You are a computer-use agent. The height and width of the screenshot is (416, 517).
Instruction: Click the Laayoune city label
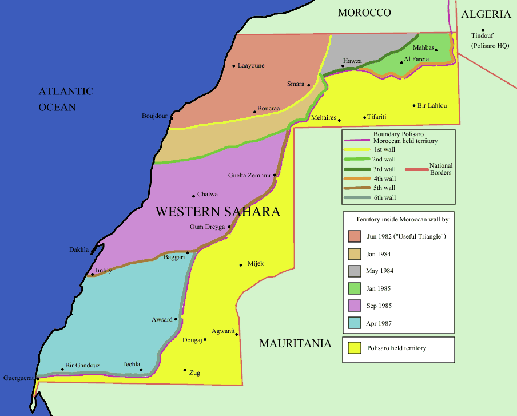(x=252, y=66)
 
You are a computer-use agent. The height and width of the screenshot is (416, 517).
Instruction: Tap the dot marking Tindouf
(x=483, y=30)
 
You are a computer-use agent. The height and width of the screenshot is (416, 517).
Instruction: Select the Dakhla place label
(x=79, y=250)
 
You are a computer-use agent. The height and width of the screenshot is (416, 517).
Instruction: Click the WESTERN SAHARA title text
(x=218, y=212)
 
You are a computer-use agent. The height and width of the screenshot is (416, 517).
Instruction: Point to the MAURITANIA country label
(x=295, y=343)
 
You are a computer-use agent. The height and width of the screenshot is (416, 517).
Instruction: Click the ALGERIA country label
(x=486, y=15)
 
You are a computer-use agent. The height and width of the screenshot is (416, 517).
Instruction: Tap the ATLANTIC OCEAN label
(x=66, y=99)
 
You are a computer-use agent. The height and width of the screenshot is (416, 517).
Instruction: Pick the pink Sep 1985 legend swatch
(x=354, y=306)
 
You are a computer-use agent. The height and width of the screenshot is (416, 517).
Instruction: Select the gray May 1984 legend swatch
(x=354, y=271)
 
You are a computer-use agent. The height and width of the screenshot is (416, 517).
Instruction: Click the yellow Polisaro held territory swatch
(x=354, y=348)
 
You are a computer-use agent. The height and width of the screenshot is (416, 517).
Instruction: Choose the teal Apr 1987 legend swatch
(x=354, y=323)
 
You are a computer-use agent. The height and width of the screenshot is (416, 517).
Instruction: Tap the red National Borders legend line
(x=420, y=169)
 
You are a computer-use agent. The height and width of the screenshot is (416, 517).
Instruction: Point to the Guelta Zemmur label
(x=250, y=175)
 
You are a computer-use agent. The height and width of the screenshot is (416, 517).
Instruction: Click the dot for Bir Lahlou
(x=414, y=106)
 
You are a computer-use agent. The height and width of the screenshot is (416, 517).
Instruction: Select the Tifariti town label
(x=377, y=117)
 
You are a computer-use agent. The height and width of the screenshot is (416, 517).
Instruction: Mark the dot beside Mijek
(x=241, y=264)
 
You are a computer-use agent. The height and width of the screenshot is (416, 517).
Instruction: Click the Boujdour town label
(x=154, y=116)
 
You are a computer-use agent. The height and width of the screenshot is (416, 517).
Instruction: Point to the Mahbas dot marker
(x=436, y=50)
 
